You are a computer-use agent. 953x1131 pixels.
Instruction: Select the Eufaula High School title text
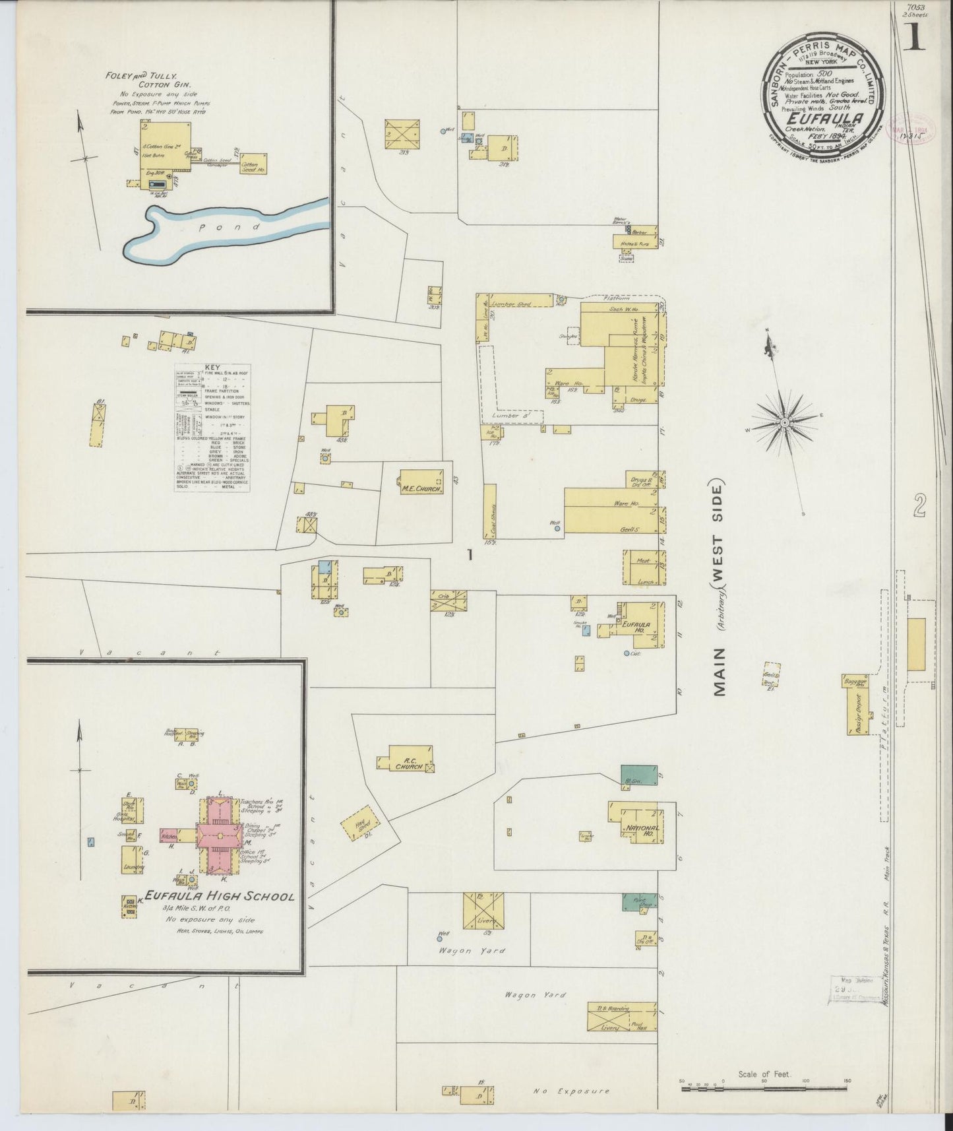(x=219, y=896)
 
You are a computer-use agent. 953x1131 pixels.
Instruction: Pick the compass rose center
(x=785, y=422)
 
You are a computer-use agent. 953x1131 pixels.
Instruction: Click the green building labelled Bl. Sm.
(x=639, y=775)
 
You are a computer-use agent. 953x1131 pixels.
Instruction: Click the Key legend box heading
(x=212, y=368)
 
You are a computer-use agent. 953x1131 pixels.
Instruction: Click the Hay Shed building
(x=361, y=824)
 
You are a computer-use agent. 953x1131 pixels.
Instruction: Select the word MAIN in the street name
(x=718, y=671)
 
